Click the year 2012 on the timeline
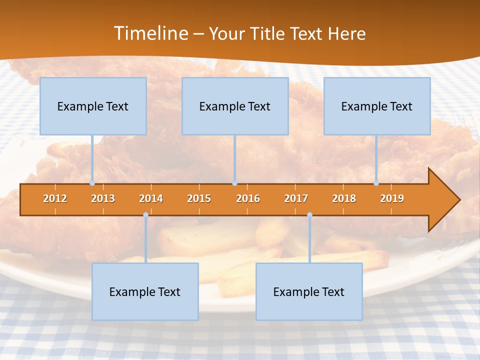[55, 198]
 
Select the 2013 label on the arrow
[103, 198]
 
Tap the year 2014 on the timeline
[151, 198]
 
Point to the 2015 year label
[199, 198]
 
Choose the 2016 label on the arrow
[248, 198]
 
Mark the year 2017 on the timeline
[296, 198]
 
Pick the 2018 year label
[344, 198]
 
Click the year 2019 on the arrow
[392, 198]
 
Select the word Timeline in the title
[150, 33]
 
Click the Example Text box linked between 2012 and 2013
[93, 106]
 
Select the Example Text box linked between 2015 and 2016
[235, 106]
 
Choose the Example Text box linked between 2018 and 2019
[377, 106]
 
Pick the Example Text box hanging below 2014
[145, 291]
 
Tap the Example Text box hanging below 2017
[309, 291]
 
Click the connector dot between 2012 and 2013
[92, 183]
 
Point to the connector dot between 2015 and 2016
[234, 183]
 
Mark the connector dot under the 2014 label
[145, 214]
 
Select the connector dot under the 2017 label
[309, 214]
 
